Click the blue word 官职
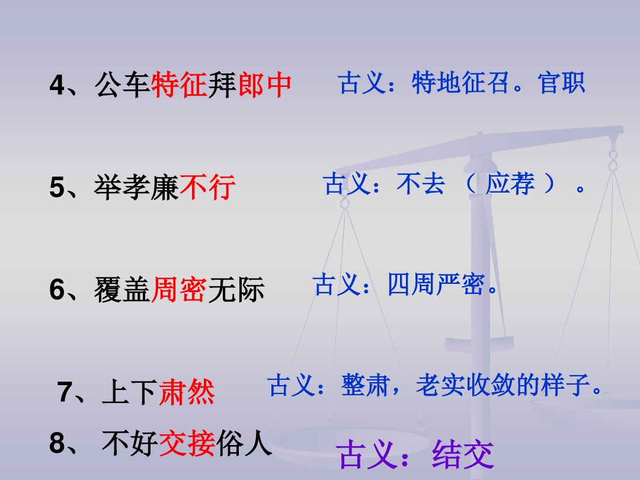tap(561, 84)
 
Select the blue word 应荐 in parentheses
tap(510, 185)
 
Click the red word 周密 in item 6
tap(180, 290)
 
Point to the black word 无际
tap(236, 290)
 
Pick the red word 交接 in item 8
tap(187, 444)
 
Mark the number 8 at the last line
tap(57, 444)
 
